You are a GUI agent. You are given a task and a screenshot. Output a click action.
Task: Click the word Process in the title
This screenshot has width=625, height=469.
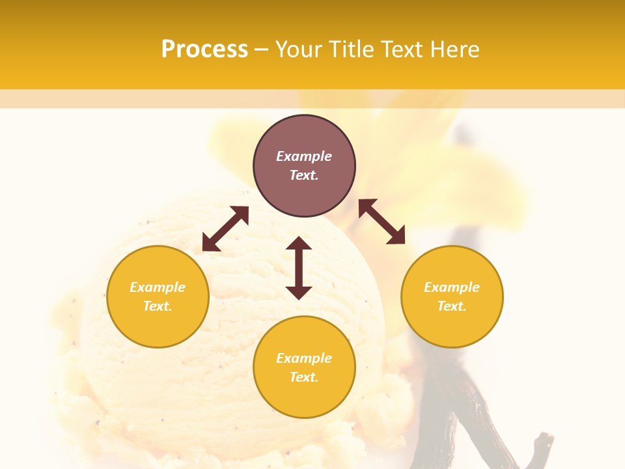pyautogui.click(x=204, y=50)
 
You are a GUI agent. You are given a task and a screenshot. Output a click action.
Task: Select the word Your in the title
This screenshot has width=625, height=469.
pyautogui.click(x=298, y=50)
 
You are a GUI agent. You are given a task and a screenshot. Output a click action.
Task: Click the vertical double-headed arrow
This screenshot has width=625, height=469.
pyautogui.click(x=299, y=268)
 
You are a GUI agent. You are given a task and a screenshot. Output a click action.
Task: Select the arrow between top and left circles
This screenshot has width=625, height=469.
pyautogui.click(x=225, y=229)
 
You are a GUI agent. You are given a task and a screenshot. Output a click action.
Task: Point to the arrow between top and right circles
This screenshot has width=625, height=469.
pyautogui.click(x=382, y=221)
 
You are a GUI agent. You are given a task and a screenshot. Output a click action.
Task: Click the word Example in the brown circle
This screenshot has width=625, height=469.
pyautogui.click(x=304, y=156)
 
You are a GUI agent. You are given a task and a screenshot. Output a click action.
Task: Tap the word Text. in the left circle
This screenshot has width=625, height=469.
pyautogui.click(x=158, y=306)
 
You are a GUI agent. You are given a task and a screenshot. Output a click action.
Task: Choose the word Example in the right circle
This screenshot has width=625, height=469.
pyautogui.click(x=452, y=287)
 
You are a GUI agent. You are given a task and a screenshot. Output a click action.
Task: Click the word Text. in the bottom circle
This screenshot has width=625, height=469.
pyautogui.click(x=304, y=377)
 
